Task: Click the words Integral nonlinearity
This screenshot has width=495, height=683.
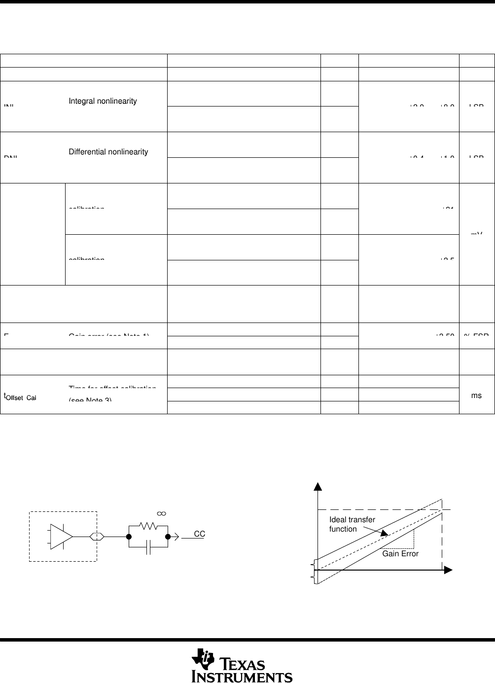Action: click(x=103, y=101)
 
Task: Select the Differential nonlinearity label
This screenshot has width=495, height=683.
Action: click(x=108, y=152)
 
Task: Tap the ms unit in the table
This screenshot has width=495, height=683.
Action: click(x=476, y=395)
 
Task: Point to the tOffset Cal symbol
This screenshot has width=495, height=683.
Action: click(x=20, y=397)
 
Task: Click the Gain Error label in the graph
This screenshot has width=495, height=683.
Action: click(x=400, y=554)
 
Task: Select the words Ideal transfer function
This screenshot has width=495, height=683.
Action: click(x=352, y=524)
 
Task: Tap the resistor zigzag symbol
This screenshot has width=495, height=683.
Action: click(x=148, y=526)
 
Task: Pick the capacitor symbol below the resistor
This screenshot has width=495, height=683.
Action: click(x=148, y=547)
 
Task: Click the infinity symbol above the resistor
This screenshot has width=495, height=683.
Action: click(x=161, y=513)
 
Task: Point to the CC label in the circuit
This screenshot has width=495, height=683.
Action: click(x=199, y=534)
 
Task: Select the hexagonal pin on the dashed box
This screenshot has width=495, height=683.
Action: click(x=97, y=537)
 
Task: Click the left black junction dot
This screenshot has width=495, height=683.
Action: click(x=129, y=537)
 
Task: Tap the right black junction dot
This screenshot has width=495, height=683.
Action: click(x=168, y=537)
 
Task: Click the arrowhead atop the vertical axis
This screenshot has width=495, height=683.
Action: click(x=318, y=486)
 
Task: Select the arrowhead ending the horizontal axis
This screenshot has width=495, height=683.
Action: click(x=448, y=570)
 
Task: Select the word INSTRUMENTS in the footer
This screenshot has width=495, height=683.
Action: click(x=243, y=677)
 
